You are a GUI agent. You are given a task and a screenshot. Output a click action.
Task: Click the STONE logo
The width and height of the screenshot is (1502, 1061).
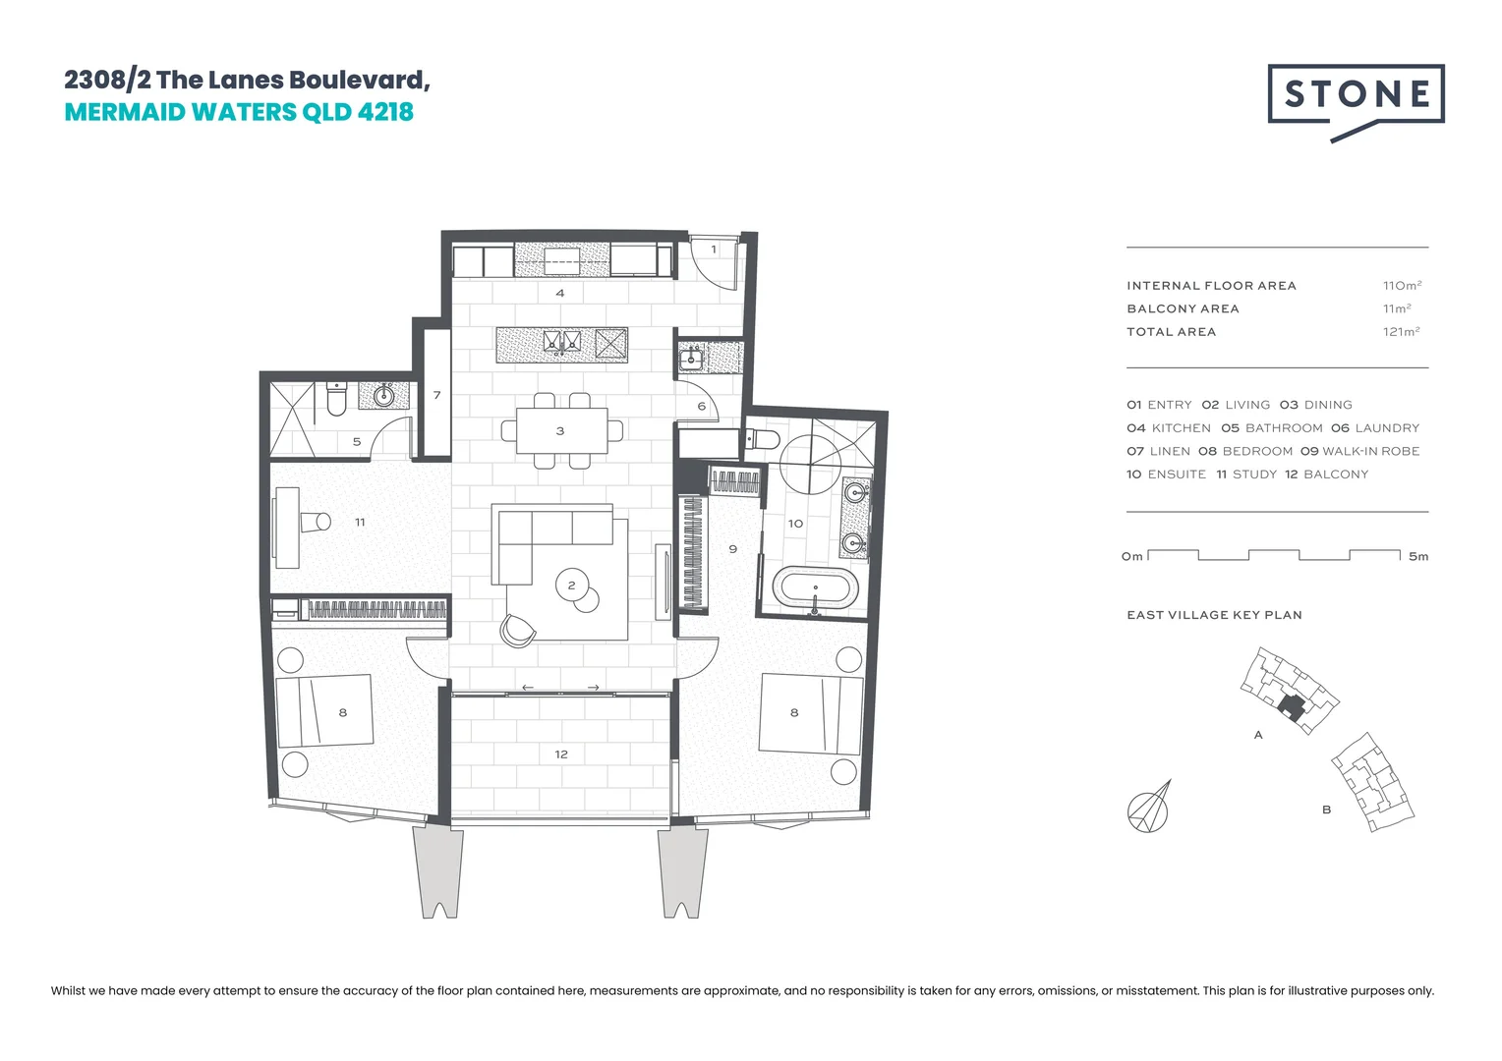pos(1356,95)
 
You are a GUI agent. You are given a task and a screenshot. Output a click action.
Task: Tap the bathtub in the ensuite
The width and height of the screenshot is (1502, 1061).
pos(815,589)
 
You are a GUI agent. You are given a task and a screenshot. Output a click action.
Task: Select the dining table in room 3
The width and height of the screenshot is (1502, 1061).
pos(561,431)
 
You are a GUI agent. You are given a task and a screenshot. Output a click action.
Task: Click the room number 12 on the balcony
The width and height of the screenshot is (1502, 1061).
pos(561,754)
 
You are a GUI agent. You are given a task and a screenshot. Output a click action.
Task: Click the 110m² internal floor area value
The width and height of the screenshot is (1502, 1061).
pos(1402,286)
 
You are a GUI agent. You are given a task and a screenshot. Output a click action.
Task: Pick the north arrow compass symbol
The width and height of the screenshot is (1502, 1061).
pos(1149,808)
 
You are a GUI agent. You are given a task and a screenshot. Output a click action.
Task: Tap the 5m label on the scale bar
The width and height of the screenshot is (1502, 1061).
pos(1417,557)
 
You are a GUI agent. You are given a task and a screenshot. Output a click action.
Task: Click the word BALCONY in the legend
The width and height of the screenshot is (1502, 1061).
pos(1336,475)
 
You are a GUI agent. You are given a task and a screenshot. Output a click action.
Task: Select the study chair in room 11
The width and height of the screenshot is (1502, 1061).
pos(316,522)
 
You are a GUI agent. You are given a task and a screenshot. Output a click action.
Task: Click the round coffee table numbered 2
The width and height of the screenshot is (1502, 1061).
pos(572,586)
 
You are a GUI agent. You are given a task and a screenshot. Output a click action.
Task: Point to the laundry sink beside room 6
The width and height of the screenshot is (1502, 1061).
pos(692,360)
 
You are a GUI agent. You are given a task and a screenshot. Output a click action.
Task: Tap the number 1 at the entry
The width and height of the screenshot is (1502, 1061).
pos(714,250)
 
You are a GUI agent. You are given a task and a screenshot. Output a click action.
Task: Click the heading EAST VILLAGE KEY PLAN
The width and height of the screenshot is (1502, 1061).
pos(1214,615)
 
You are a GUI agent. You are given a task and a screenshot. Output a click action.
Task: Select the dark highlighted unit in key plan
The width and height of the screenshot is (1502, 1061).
pos(1294,709)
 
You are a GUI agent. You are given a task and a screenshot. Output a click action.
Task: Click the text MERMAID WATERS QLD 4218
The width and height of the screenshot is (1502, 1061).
pos(239,112)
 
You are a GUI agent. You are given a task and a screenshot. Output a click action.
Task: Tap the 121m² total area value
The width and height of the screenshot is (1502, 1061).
pos(1401,332)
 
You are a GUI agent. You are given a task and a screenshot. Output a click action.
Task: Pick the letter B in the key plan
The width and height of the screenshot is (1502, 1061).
pos(1326,810)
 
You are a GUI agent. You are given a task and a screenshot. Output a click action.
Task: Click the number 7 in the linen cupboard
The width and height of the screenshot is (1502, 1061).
pos(436,395)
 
